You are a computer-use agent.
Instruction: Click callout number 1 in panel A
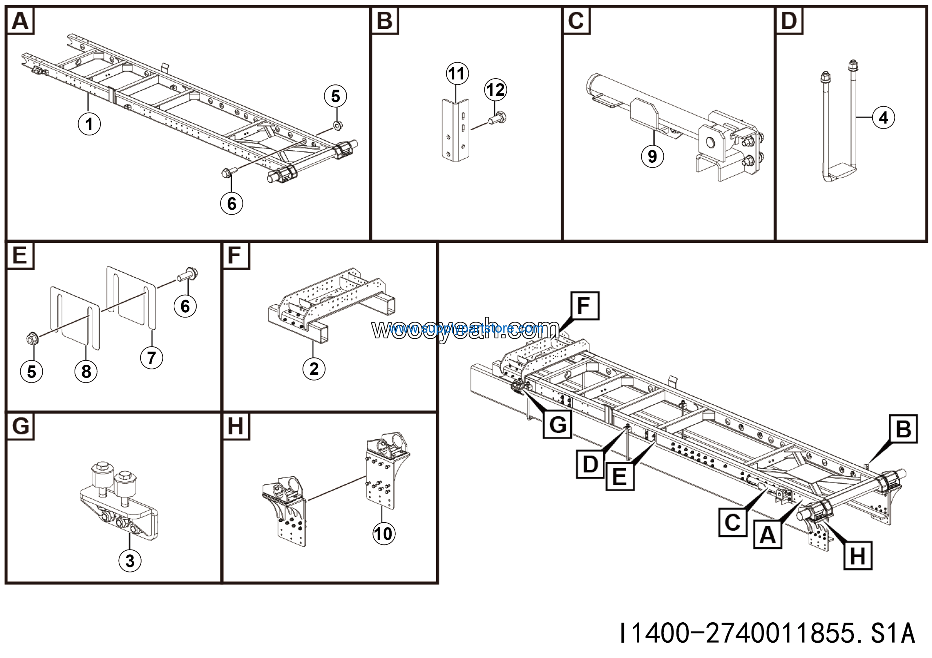click(x=89, y=124)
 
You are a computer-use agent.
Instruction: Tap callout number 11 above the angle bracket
click(x=457, y=74)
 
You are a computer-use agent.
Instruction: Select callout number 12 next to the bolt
click(x=495, y=90)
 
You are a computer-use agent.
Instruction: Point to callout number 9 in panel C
click(x=652, y=156)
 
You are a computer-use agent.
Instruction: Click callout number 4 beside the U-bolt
click(x=883, y=118)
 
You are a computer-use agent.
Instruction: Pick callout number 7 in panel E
click(x=151, y=358)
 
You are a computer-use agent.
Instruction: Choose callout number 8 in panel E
click(x=86, y=372)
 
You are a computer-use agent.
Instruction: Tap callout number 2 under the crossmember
click(x=314, y=369)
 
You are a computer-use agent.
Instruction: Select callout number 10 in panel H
click(x=384, y=534)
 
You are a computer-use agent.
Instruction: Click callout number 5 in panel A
click(x=335, y=96)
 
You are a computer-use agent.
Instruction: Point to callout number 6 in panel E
click(x=185, y=306)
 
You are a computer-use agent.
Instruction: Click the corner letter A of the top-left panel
click(x=20, y=21)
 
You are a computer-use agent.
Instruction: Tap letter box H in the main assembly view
click(x=857, y=556)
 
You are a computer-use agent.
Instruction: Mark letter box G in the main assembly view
click(x=557, y=424)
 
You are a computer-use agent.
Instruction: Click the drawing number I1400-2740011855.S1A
click(x=767, y=633)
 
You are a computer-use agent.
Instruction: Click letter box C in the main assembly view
click(x=732, y=523)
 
